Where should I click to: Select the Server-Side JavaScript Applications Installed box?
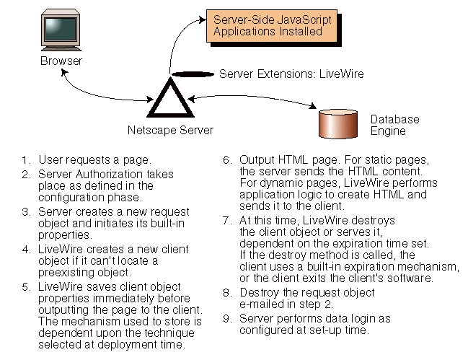pos(273,26)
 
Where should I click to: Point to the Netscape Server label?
pos(170,131)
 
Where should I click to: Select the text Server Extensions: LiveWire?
pos(291,74)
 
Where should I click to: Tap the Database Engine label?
pos(394,125)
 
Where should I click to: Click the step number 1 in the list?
pos(25,159)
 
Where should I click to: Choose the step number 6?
pos(226,159)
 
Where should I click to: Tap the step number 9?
pos(226,320)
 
